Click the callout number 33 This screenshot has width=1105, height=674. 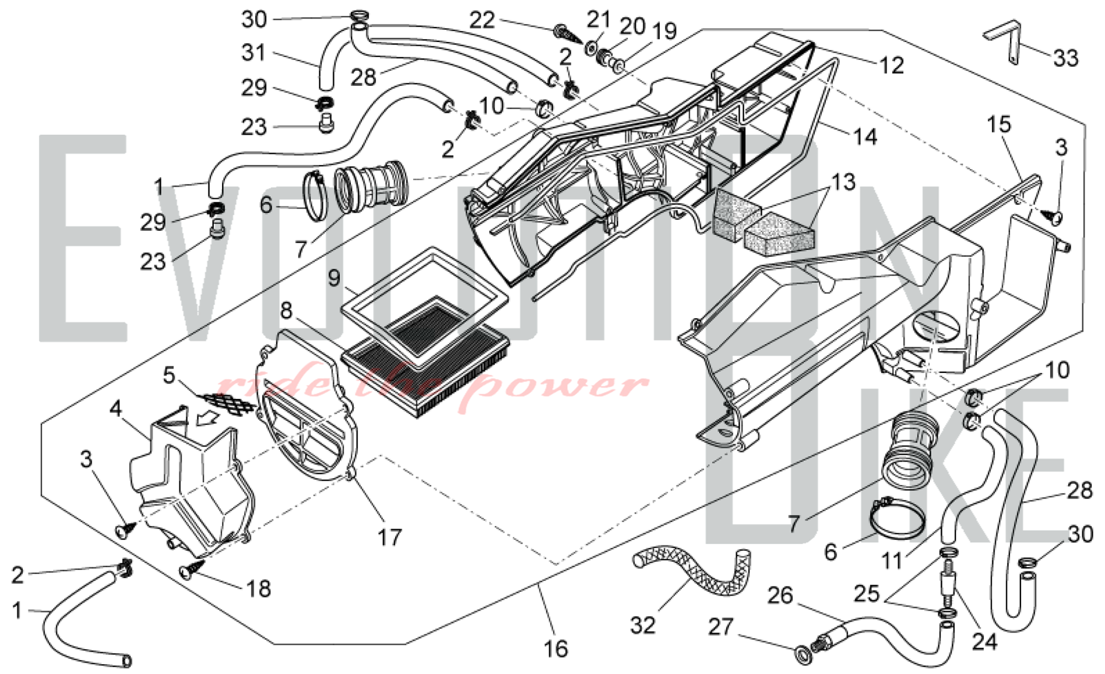tap(1066, 57)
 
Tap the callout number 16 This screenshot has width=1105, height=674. tap(555, 649)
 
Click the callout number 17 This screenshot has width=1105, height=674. tap(390, 536)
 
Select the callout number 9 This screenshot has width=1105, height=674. tap(334, 277)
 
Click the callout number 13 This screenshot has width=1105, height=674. tap(843, 182)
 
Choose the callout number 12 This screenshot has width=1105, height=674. tap(891, 65)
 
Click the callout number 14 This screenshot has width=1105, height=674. tap(865, 136)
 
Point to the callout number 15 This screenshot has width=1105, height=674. tap(999, 124)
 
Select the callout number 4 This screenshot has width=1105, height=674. tap(115, 409)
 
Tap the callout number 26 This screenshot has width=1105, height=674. tap(780, 596)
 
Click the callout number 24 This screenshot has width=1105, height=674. tap(985, 641)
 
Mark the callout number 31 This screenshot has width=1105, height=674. tap(254, 52)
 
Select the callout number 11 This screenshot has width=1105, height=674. tap(892, 561)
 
